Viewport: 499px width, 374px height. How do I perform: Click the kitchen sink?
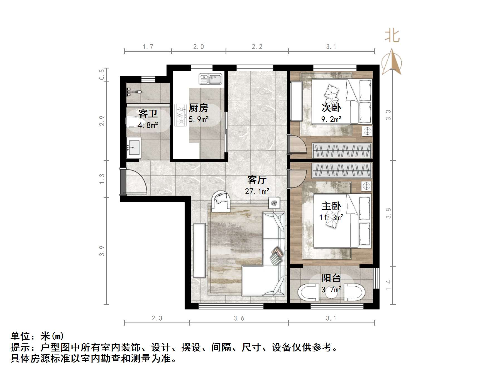pos(210,79)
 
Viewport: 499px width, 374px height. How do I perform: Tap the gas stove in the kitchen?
pos(180,115)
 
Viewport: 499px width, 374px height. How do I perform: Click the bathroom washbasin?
pos(134,148)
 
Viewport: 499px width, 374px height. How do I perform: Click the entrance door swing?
pos(135,181)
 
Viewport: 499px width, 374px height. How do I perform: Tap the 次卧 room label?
pos(331,108)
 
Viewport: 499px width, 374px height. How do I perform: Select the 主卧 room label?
pos(331,206)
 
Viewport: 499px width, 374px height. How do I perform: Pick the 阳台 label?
pos(331,278)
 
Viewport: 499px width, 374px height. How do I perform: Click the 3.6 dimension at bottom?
pos(239,318)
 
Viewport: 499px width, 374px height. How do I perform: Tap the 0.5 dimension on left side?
pos(102,74)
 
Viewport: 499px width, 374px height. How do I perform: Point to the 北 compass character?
pos(392,36)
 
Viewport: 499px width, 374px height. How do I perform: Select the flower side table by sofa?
pos(274,203)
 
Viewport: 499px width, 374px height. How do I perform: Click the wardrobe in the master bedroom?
pos(342,170)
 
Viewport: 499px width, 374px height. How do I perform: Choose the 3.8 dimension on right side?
pos(388,213)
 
